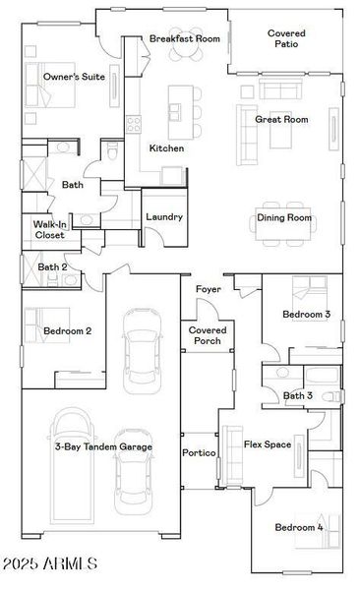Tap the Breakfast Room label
click(x=184, y=39)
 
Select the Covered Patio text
click(x=286, y=38)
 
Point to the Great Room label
click(x=281, y=119)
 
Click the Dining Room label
click(x=284, y=217)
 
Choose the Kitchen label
click(x=166, y=148)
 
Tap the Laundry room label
click(x=164, y=216)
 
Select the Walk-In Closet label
click(x=50, y=230)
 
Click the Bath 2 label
click(x=52, y=266)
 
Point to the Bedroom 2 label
click(x=67, y=331)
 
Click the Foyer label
click(x=208, y=289)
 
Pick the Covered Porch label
click(x=208, y=335)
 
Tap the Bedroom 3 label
click(x=306, y=315)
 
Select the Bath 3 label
click(x=297, y=395)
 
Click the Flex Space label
click(x=267, y=444)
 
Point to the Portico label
click(x=199, y=453)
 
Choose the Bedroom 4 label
click(x=298, y=528)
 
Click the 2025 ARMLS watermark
click(x=51, y=563)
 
